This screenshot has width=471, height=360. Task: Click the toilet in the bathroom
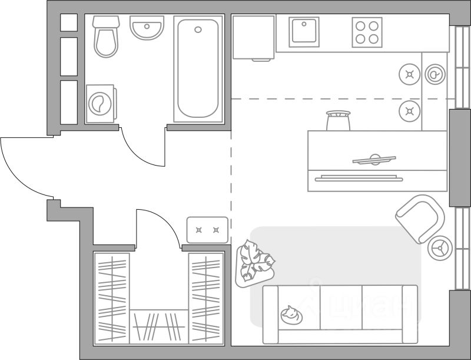click(106, 37)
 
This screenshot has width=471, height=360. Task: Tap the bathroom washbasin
click(147, 28)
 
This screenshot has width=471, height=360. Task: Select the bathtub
click(198, 69)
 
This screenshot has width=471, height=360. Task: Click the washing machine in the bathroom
click(101, 104)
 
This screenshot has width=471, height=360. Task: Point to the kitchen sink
click(304, 32)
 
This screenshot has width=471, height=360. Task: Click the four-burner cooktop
click(367, 32)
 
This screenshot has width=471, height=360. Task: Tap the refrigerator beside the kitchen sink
click(253, 37)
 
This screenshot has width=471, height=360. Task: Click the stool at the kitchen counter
click(338, 120)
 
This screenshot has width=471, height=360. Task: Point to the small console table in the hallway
click(207, 230)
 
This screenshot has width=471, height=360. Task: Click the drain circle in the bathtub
click(198, 29)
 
